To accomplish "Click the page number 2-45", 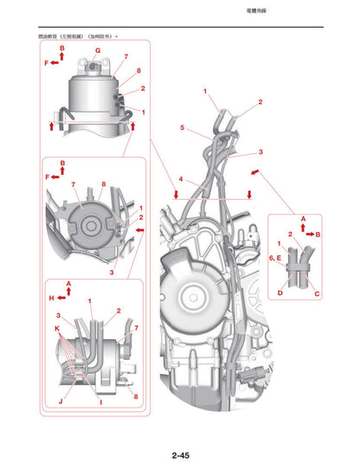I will click(x=180, y=431).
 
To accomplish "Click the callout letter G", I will click(x=98, y=51).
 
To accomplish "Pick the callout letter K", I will click(x=56, y=330).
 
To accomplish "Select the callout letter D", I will click(x=280, y=293).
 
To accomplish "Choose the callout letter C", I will click(x=317, y=293).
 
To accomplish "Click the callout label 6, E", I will click(x=275, y=258).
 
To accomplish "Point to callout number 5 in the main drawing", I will click(x=182, y=128).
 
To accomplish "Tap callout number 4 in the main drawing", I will click(x=181, y=180).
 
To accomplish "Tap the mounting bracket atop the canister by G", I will click(x=96, y=66).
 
